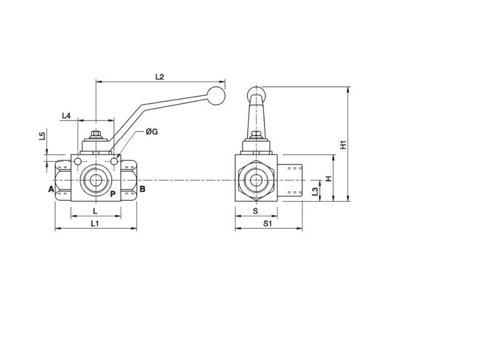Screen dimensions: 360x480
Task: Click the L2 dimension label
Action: point(160,77)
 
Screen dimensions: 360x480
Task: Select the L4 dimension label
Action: point(67,115)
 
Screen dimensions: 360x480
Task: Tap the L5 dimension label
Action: point(42,136)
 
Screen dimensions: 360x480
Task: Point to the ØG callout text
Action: point(151,131)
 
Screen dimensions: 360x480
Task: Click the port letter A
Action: point(50,190)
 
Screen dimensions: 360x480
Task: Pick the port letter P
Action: point(112,193)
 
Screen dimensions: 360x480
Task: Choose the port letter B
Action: point(142,190)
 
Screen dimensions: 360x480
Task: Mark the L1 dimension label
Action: point(95,223)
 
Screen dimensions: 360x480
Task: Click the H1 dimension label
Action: point(343,145)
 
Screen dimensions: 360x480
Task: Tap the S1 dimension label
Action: point(268,223)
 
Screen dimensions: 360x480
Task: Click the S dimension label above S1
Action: point(256,211)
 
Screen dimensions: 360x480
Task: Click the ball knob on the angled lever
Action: point(215,95)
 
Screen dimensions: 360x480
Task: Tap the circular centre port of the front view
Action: point(95,180)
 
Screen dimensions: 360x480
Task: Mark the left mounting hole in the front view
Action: point(77,161)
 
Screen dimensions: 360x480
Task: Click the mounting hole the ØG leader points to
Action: point(114,161)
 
